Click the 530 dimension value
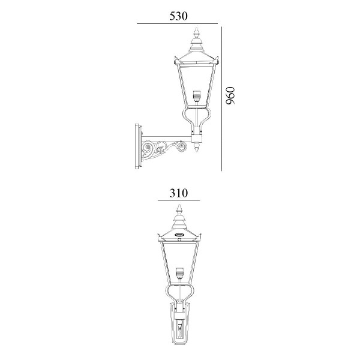click(x=178, y=16)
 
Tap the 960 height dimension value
click(x=230, y=95)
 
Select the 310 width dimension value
click(x=179, y=193)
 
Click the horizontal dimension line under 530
click(x=177, y=23)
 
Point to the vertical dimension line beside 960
click(x=221, y=99)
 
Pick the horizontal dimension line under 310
click(x=179, y=200)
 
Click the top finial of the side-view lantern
click(x=196, y=32)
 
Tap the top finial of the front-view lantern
click(x=179, y=210)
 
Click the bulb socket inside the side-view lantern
click(x=196, y=97)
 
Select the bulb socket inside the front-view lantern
click(x=179, y=273)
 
